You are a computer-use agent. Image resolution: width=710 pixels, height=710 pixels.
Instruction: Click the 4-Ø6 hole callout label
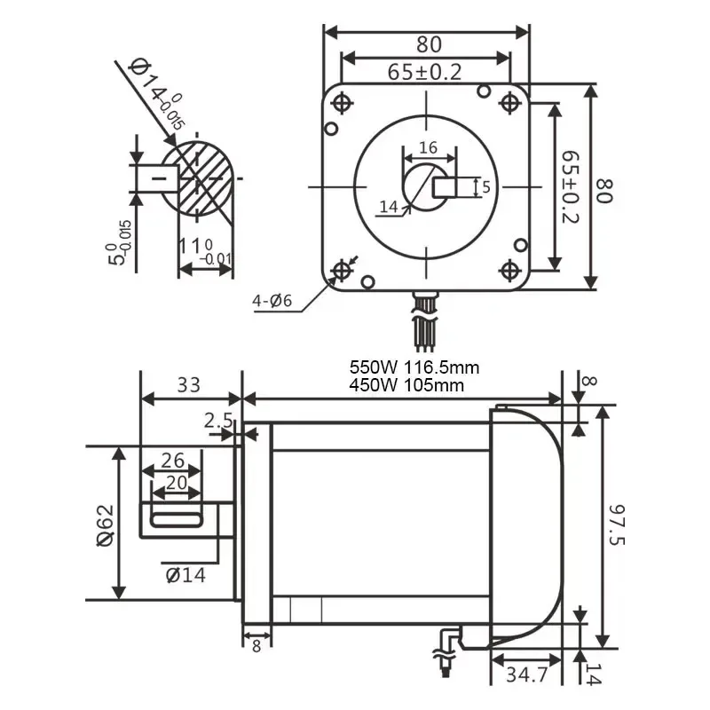[272, 301]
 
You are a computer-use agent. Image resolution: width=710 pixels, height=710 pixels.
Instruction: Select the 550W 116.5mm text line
[414, 367]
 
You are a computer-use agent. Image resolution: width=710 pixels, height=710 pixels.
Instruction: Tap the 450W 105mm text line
[406, 385]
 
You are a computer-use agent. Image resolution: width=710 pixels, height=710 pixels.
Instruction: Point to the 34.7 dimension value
[527, 674]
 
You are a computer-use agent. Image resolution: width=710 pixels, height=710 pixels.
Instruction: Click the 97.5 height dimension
[616, 525]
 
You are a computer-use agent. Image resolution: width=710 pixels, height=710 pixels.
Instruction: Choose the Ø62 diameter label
[106, 525]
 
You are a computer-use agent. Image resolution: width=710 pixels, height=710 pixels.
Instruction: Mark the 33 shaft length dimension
[188, 385]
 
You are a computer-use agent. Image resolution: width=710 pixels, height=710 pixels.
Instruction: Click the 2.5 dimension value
[218, 421]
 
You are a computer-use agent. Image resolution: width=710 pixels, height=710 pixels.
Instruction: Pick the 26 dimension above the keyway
[172, 461]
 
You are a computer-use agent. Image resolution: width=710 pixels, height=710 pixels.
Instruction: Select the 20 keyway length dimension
[176, 483]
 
